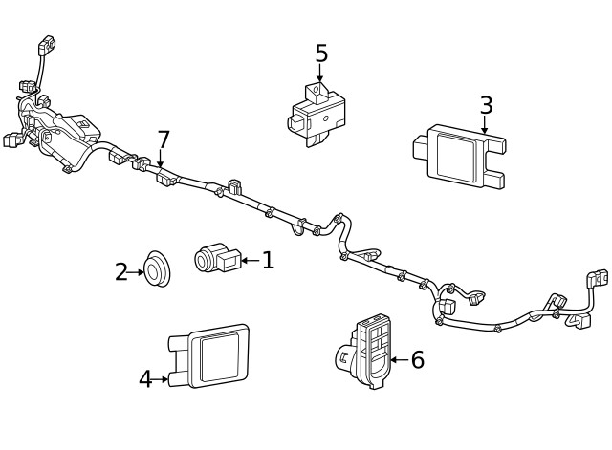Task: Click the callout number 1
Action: (268, 260)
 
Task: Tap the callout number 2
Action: (120, 272)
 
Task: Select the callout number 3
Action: (486, 105)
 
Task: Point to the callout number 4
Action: (145, 379)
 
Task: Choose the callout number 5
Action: (321, 54)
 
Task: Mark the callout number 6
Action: (417, 360)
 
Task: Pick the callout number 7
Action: (163, 139)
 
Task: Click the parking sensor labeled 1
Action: (216, 258)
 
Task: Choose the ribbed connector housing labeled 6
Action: (370, 349)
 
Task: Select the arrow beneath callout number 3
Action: (485, 124)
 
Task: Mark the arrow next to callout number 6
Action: (400, 360)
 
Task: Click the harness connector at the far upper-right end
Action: (597, 279)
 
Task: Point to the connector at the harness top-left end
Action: (43, 45)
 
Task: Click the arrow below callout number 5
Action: (320, 75)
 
